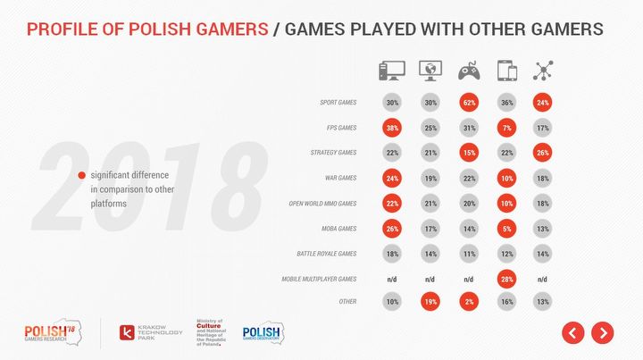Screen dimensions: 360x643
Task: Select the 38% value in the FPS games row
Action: pos(390,128)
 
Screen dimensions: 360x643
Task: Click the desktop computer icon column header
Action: pos(390,71)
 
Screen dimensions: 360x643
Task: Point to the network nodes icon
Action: pos(541,71)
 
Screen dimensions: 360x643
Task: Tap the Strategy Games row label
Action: pos(332,154)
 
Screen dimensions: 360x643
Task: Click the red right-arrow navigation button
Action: pos(603,333)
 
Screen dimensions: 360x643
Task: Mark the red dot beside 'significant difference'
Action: pos(82,175)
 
